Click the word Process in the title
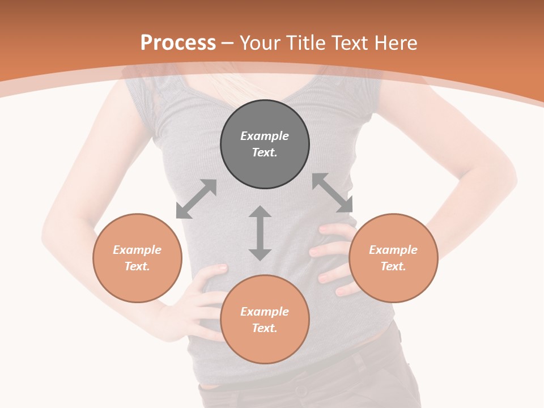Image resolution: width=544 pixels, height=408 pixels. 178,43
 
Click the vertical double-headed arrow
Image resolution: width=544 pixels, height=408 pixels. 260,233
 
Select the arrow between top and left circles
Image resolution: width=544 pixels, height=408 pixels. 196,199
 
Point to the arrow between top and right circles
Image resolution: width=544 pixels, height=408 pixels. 332,193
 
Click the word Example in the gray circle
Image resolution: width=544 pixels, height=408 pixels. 265,136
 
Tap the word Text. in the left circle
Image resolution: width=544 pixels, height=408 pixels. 137,266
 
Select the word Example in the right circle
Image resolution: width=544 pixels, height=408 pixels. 393,250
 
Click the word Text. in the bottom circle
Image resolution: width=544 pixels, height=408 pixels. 265,328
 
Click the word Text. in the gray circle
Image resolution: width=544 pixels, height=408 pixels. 265,152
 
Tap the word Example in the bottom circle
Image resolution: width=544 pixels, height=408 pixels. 265,312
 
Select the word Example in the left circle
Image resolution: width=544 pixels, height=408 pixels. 137,250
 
